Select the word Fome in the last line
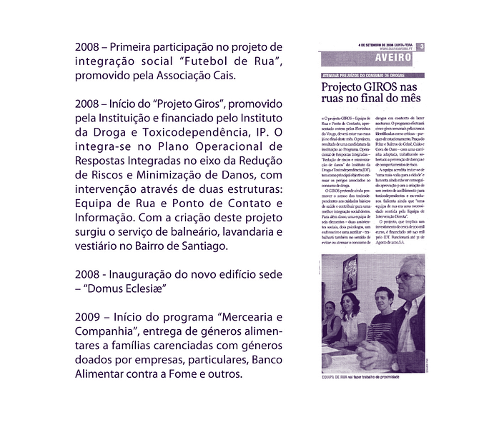(187, 373)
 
